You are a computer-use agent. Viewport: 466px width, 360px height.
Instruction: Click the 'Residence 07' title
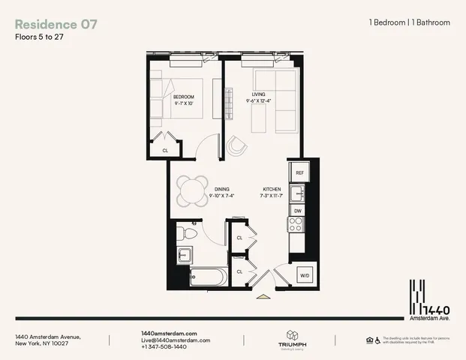click(x=56, y=23)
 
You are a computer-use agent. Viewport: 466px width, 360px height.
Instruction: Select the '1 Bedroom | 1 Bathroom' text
click(x=410, y=22)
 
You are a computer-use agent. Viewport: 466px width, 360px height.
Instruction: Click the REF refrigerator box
click(x=299, y=172)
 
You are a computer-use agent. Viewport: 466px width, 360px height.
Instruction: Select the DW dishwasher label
click(x=299, y=211)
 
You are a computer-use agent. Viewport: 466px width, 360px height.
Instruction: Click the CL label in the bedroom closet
click(x=165, y=151)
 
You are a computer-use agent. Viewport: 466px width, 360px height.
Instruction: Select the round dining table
click(x=195, y=190)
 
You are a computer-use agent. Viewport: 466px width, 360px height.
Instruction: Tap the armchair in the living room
click(x=237, y=146)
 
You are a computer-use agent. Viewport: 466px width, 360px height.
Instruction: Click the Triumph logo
click(x=292, y=340)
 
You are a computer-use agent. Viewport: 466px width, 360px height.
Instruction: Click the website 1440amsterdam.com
click(x=169, y=332)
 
